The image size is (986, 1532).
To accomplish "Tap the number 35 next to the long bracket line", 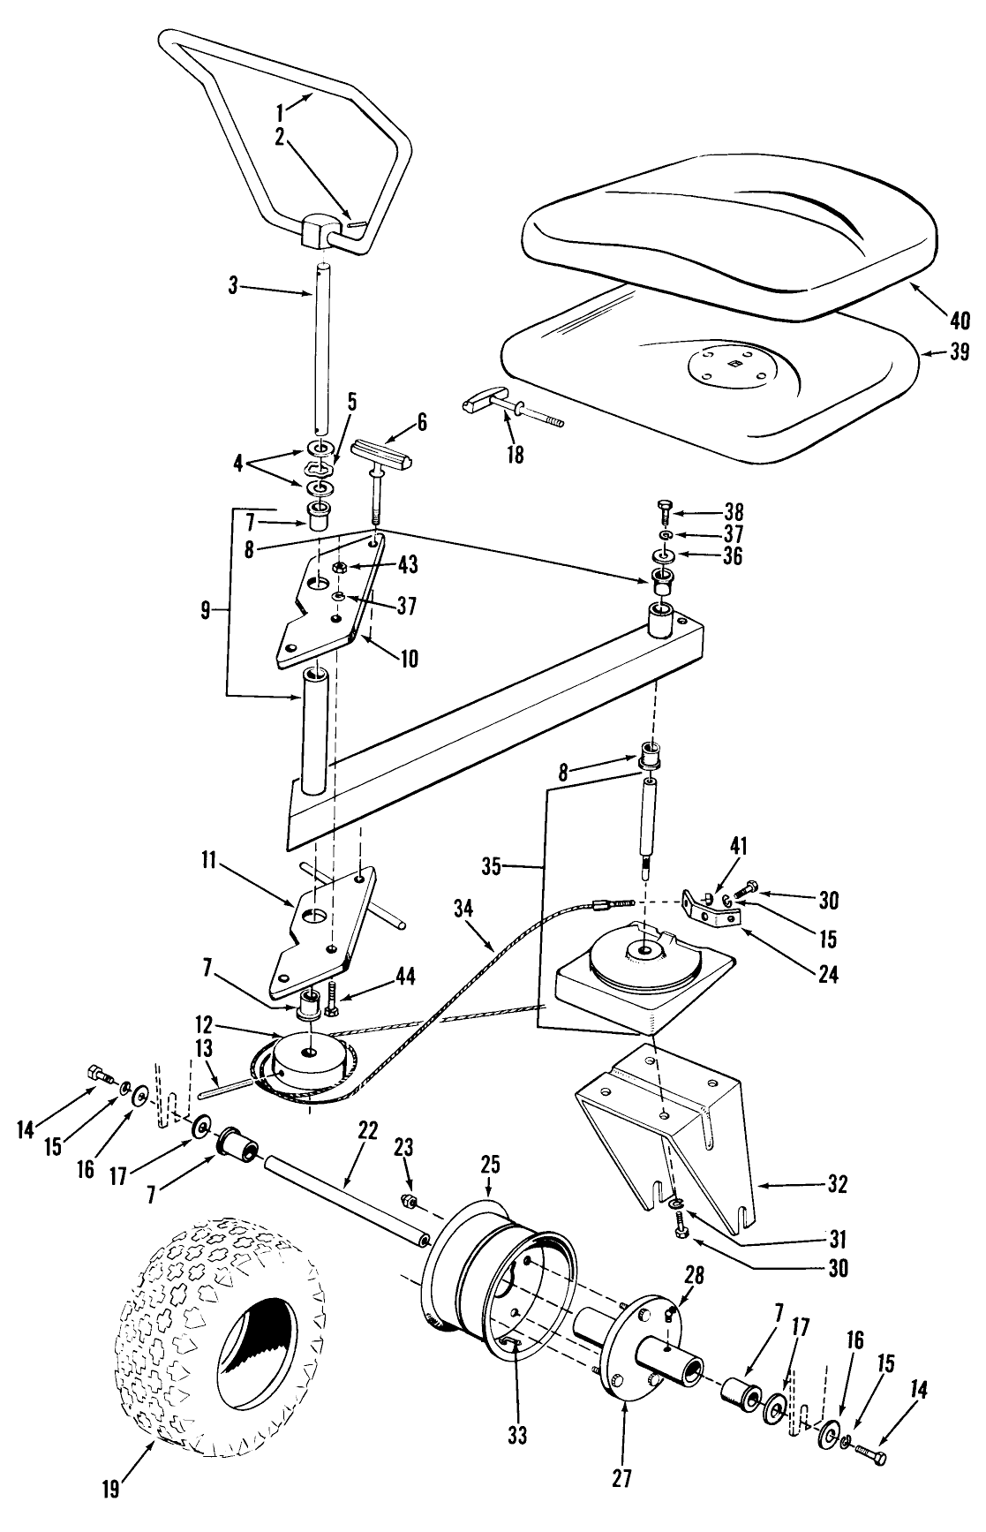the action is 492,867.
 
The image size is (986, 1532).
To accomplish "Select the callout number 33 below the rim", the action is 517,1435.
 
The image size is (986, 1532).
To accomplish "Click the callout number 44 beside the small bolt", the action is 405,976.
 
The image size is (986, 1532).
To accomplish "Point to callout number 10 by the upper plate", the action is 409,659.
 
